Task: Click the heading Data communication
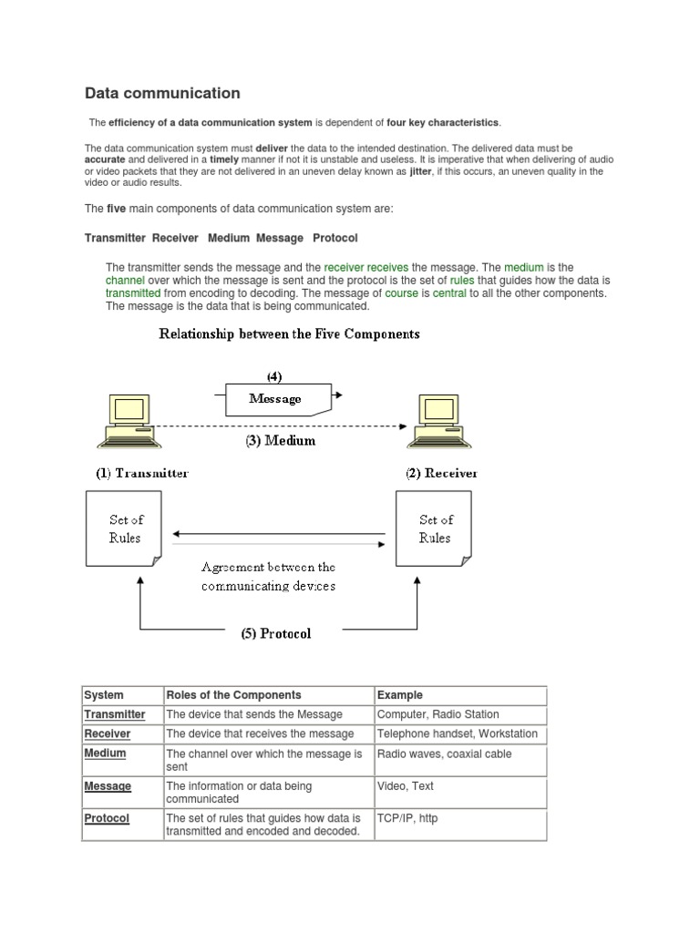pos(162,93)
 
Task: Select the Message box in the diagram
pos(276,399)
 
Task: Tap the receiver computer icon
pos(436,421)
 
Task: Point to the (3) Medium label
pos(280,440)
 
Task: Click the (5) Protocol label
pos(276,634)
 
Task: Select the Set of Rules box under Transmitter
pos(124,528)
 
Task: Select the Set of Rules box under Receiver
pos(434,528)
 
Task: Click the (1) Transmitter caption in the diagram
pos(142,473)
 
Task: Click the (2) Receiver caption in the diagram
pos(441,473)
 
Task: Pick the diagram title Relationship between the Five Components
pos(290,334)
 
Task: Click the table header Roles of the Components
pos(233,695)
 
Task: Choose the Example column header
pos(400,695)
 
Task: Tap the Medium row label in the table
pos(105,754)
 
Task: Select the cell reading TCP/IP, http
pos(407,818)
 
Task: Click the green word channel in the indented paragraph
pos(126,281)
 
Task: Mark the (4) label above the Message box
pos(274,375)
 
